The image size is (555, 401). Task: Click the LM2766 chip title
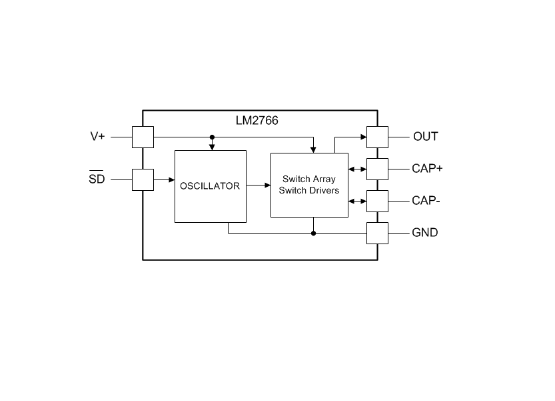257,121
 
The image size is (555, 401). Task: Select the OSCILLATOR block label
210,185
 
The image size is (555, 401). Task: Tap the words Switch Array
309,179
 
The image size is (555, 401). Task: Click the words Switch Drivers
309,190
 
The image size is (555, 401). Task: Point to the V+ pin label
98,137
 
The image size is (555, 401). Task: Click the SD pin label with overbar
97,177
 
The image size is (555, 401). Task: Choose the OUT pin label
426,137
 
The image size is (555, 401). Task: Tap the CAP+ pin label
427,168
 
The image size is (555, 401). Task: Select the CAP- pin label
426,201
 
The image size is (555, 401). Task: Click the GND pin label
425,233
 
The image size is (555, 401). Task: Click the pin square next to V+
143,137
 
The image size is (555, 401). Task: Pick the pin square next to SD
143,179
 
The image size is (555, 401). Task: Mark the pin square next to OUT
377,137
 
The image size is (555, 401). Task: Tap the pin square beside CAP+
377,169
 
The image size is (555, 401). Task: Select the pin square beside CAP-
377,201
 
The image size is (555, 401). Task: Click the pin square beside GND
377,234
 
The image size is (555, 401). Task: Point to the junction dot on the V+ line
212,137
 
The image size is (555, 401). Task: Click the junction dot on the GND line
313,234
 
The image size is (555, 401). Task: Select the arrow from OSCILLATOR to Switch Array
259,185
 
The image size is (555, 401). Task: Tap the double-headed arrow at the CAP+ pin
358,169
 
